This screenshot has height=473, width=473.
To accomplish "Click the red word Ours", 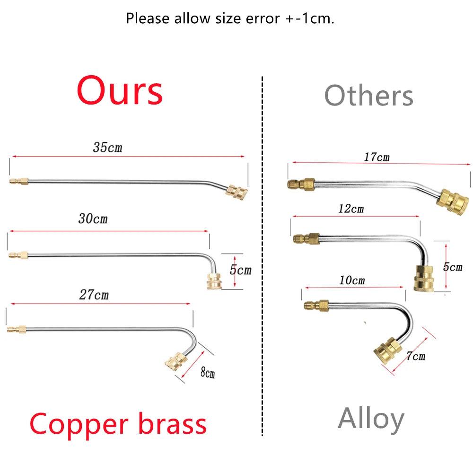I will (120, 91).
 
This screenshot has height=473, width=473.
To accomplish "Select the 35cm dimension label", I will (107, 148).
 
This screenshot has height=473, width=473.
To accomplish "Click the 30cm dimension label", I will (93, 219).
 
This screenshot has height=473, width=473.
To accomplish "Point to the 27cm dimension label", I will (94, 295).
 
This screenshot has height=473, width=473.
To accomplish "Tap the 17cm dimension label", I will (377, 157).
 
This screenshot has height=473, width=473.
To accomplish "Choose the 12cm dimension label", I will (351, 208).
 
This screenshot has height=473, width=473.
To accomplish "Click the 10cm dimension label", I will (352, 280).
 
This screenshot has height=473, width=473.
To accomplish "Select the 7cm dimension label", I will (415, 356).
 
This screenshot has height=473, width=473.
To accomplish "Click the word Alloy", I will (371, 419).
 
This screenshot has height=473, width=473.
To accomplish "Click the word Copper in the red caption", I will (79, 425).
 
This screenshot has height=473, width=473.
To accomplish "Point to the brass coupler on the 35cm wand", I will (236, 191).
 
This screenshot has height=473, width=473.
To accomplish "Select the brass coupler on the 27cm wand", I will (174, 362).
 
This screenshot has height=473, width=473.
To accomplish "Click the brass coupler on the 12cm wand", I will (423, 278).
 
